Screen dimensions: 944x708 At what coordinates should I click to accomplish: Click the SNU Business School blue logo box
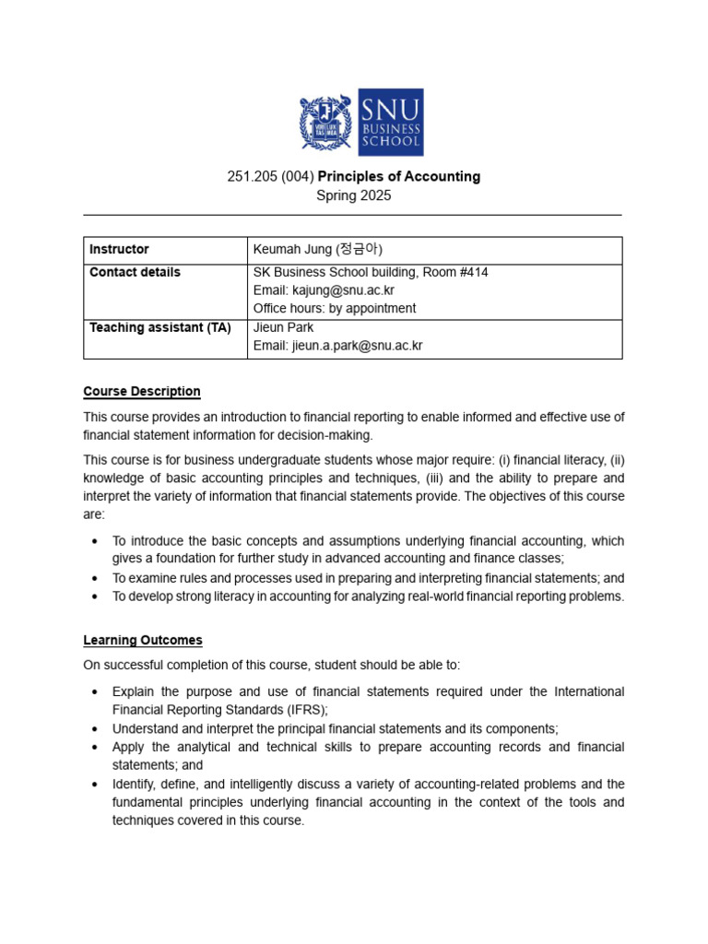click(390, 123)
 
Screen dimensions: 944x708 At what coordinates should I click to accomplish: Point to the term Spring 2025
click(353, 195)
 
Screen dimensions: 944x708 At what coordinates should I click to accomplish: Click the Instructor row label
click(119, 250)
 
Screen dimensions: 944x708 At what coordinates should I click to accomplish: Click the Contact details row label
click(135, 272)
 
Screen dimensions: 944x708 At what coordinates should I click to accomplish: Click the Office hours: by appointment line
click(334, 309)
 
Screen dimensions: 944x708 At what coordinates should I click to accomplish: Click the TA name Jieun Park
click(283, 327)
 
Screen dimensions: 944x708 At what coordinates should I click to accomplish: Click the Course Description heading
click(141, 391)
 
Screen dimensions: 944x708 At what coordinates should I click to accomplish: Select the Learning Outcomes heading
click(142, 640)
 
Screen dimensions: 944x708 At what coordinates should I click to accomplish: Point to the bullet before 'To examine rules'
click(96, 578)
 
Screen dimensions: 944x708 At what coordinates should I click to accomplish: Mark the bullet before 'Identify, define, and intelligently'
click(96, 785)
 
